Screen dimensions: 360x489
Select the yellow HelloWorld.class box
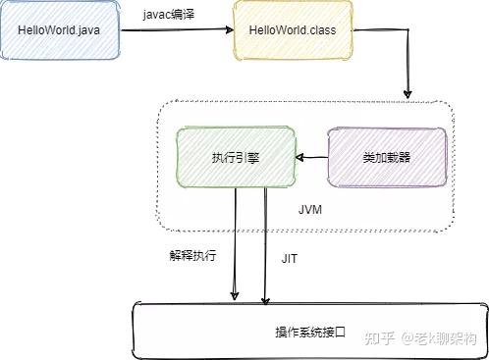(x=292, y=31)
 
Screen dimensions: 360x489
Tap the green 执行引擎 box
(x=236, y=157)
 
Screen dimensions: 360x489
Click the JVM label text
(x=310, y=210)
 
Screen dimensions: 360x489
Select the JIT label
(x=291, y=258)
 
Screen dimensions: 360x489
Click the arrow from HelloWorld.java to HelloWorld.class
(x=178, y=30)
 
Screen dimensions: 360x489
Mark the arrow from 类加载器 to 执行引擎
(x=312, y=157)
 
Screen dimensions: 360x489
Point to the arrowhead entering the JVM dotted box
(x=407, y=94)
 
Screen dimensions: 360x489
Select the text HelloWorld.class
(x=292, y=31)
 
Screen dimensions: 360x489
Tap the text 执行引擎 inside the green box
(x=236, y=157)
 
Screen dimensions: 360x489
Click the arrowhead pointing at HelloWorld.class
(x=227, y=30)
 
